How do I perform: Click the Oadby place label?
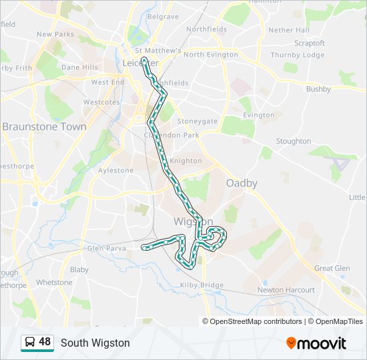[x=242, y=183]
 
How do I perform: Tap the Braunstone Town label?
[x=44, y=127]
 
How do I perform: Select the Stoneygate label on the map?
[x=197, y=121]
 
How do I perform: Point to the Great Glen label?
[x=332, y=268]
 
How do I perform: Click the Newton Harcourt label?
[x=286, y=290]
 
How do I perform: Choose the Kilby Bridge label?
[x=202, y=285]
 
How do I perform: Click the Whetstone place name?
[x=54, y=283]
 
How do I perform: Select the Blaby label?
[x=79, y=270]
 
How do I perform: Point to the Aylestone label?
[x=115, y=171]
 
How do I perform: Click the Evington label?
[x=259, y=115]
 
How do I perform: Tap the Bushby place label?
[x=318, y=89]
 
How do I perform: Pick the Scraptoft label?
[x=309, y=43]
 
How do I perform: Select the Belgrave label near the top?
[x=163, y=16]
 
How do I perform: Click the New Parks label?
[x=55, y=34]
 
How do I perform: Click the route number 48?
[x=45, y=342]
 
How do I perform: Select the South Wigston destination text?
[x=95, y=343]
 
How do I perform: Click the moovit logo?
[x=316, y=343]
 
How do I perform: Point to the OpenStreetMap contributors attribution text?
[x=256, y=321]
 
